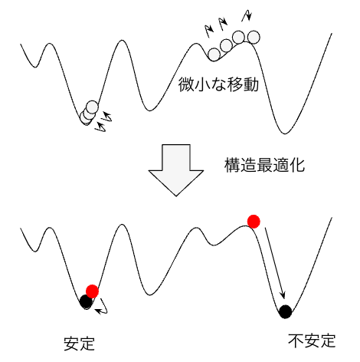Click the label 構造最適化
264,166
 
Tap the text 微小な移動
218,84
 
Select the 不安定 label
312,341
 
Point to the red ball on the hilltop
254,222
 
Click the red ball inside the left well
92,291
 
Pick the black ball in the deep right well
285,311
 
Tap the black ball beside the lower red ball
86,301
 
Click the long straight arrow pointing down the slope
275,263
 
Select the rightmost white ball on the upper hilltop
254,37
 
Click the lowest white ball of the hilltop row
214,54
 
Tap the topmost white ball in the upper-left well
92,107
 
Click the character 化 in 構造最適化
297,166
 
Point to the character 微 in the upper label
186,84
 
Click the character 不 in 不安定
296,341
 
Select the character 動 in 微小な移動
251,84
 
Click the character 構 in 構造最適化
232,166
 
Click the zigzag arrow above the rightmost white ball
247,15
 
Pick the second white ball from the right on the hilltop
239,37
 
